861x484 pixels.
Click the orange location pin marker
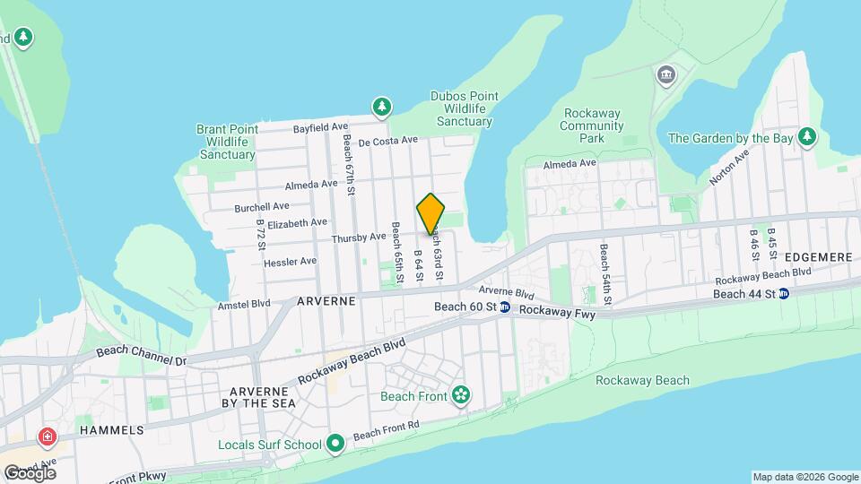pyautogui.click(x=431, y=213)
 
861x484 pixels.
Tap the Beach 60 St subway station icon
pyautogui.click(x=505, y=307)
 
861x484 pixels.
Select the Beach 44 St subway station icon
pyautogui.click(x=784, y=293)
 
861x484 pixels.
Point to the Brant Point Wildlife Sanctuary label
pyautogui.click(x=227, y=142)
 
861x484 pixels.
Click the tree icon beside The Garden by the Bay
pyautogui.click(x=807, y=136)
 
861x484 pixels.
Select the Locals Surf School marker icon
pyautogui.click(x=335, y=443)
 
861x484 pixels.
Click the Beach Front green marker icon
pyautogui.click(x=461, y=395)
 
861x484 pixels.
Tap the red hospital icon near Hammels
pyautogui.click(x=47, y=438)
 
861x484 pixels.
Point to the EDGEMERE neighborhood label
pyautogui.click(x=821, y=256)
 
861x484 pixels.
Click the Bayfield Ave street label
pyautogui.click(x=320, y=128)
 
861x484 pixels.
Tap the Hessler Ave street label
pyautogui.click(x=290, y=262)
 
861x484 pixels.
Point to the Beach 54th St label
pyautogui.click(x=604, y=273)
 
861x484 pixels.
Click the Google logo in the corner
pyautogui.click(x=30, y=472)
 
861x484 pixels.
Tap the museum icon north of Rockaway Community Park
pyautogui.click(x=665, y=73)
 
